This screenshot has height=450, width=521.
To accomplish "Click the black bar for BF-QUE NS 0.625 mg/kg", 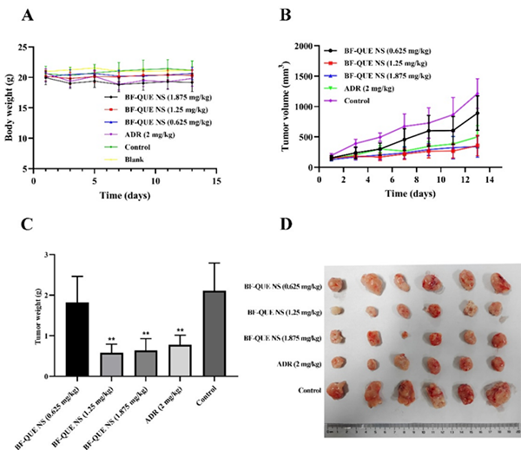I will click(78, 340).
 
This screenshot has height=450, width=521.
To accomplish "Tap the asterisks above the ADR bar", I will click(180, 331).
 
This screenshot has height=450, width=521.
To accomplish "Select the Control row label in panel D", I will click(310, 390).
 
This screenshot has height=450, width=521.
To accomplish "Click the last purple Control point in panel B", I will click(476, 94).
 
